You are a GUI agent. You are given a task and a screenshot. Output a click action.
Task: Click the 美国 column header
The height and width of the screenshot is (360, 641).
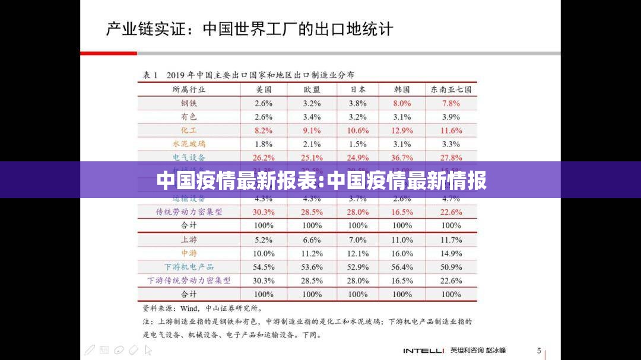tap(264, 90)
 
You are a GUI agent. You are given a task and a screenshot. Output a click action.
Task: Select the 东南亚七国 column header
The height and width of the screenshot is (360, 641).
tap(451, 90)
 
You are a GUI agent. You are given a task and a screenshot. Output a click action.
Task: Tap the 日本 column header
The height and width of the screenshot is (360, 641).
tap(358, 90)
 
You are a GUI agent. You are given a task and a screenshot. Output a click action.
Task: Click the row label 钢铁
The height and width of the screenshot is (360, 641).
tap(189, 103)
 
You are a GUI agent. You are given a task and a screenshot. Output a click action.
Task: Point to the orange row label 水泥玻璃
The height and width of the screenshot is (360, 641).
tap(189, 144)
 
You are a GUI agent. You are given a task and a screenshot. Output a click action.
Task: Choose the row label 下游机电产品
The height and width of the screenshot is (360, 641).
tap(189, 267)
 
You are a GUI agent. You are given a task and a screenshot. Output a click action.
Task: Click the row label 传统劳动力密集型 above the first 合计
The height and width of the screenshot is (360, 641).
tap(189, 212)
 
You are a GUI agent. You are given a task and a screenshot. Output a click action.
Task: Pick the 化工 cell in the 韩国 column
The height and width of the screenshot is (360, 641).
tap(402, 130)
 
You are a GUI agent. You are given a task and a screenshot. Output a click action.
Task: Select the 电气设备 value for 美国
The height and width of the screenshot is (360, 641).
tap(264, 158)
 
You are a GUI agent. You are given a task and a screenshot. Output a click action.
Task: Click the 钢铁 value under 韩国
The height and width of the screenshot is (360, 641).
tap(402, 103)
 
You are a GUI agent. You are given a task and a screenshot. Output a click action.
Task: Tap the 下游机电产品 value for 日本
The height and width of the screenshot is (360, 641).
tap(358, 267)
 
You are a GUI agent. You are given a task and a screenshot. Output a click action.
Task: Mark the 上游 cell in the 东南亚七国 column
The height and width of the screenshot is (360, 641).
tap(451, 240)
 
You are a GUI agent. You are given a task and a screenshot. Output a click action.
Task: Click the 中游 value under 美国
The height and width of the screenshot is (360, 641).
tap(264, 254)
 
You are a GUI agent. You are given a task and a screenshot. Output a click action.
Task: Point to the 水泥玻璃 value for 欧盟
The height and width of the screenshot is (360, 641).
tap(312, 144)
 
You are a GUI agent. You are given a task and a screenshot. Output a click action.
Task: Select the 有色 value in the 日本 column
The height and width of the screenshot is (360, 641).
tap(358, 117)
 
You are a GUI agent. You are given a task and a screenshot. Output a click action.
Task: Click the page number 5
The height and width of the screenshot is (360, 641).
tap(539, 351)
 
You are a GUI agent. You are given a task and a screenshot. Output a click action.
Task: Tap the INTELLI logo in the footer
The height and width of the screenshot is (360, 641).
tap(424, 351)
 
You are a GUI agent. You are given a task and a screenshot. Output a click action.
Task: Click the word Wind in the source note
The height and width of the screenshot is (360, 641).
tap(189, 308)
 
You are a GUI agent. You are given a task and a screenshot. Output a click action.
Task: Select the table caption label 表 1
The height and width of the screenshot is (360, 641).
tap(150, 75)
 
